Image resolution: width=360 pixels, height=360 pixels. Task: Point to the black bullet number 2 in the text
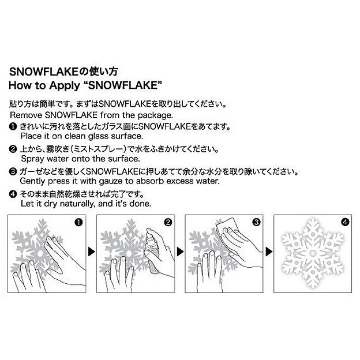pyautogui.click(x=13, y=148)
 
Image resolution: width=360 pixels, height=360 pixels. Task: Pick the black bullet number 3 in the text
pyautogui.click(x=13, y=171)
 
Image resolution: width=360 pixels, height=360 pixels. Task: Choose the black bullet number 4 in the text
pyautogui.click(x=13, y=194)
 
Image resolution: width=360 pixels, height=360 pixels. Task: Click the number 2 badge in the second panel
pyautogui.click(x=168, y=221)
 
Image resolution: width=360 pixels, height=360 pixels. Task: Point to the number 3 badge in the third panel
pyautogui.click(x=256, y=221)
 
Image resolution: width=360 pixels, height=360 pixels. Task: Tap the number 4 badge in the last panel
pyautogui.click(x=344, y=221)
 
